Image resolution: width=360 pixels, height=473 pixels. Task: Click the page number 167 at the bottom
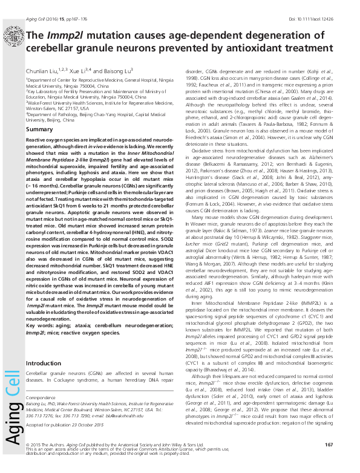(x=329, y=445)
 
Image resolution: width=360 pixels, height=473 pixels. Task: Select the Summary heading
(x=40, y=129)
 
